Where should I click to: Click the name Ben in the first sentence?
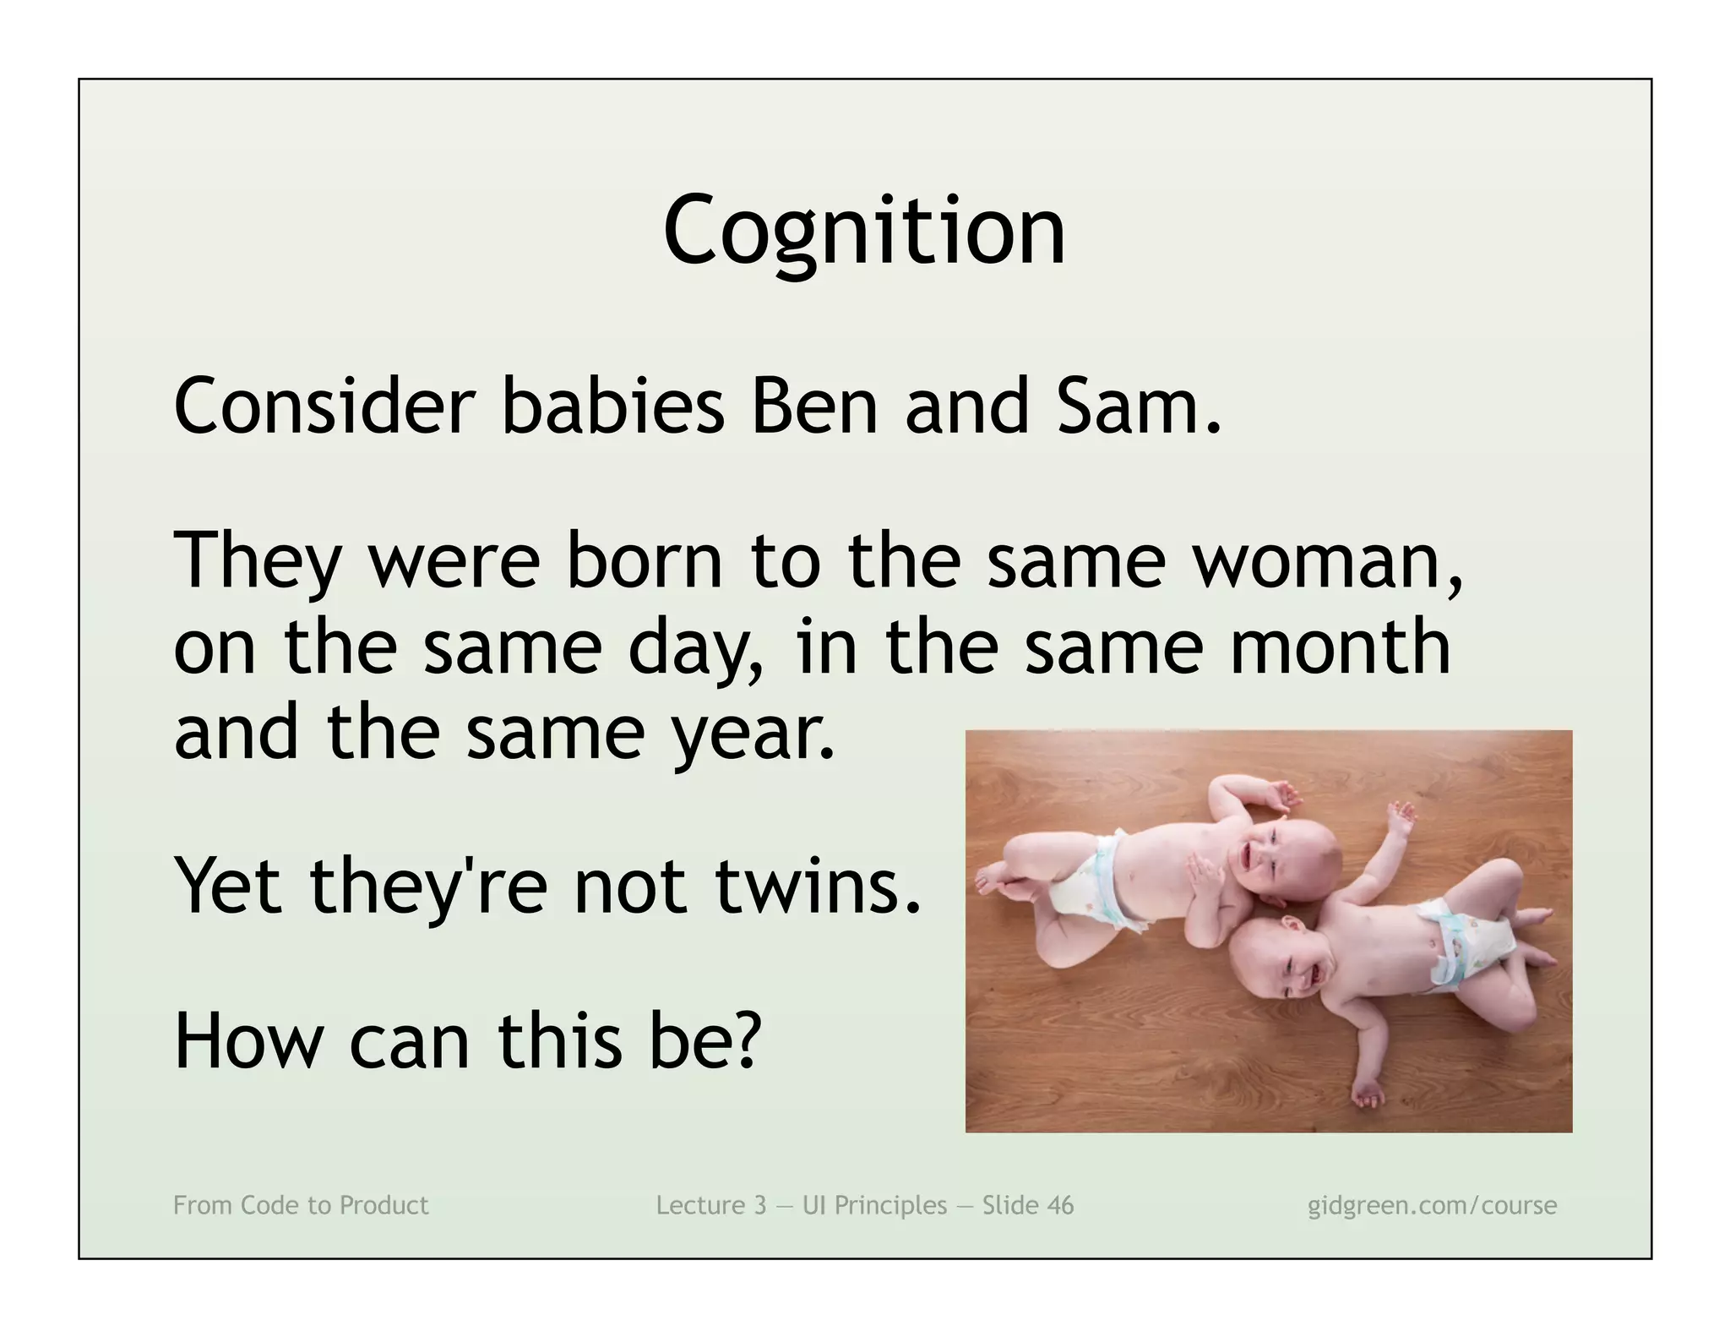[x=814, y=407]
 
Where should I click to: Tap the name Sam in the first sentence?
[x=1128, y=407]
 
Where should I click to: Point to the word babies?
[x=613, y=407]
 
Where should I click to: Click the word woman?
[x=1326, y=561]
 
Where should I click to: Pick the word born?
[x=645, y=561]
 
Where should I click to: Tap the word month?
[x=1340, y=647]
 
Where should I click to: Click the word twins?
[x=816, y=887]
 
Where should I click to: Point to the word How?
[x=248, y=1041]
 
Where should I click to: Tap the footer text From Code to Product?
[x=301, y=1205]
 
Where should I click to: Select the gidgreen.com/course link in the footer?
[x=1432, y=1205]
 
